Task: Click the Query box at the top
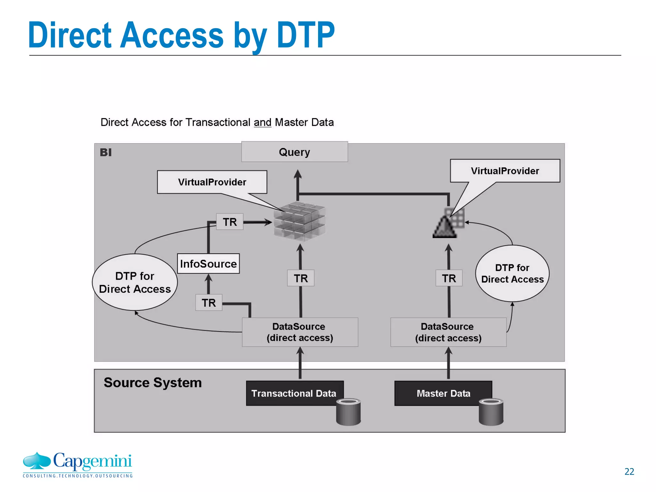(x=294, y=152)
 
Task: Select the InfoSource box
(x=208, y=264)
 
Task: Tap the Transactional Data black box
(x=294, y=393)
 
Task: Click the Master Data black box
(x=443, y=393)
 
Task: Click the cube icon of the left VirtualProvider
(x=299, y=221)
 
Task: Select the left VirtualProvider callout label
(x=212, y=182)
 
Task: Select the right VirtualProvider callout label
(x=505, y=171)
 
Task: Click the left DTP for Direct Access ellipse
(x=135, y=282)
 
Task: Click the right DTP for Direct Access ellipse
(x=512, y=274)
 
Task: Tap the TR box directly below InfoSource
(x=209, y=303)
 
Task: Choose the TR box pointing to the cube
(x=230, y=222)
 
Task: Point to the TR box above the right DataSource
(x=449, y=278)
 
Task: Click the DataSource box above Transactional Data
(x=300, y=332)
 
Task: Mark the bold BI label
(x=106, y=152)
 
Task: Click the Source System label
(x=153, y=382)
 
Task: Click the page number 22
(x=629, y=471)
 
